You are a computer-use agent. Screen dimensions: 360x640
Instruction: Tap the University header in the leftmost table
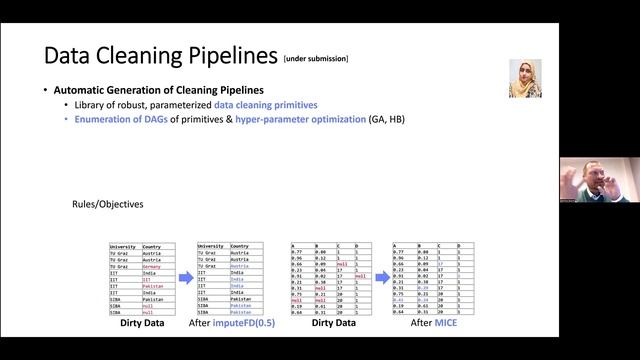[123, 246]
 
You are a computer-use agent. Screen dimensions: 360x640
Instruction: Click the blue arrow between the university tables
[186, 280]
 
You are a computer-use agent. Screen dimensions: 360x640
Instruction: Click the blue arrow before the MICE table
[383, 280]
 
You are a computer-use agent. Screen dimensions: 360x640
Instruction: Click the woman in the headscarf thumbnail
[525, 78]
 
